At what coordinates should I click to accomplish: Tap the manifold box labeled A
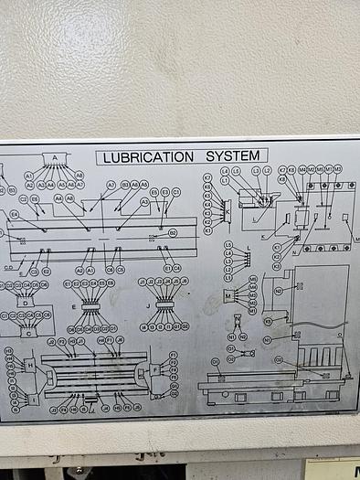[x=55, y=158]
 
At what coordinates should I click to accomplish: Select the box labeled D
[x=26, y=301]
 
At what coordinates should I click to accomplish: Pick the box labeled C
[x=28, y=333]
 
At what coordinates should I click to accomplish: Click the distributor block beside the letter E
[x=90, y=305]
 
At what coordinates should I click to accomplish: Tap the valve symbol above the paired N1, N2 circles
[x=238, y=319]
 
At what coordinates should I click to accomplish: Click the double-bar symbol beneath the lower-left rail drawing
[x=89, y=400]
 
